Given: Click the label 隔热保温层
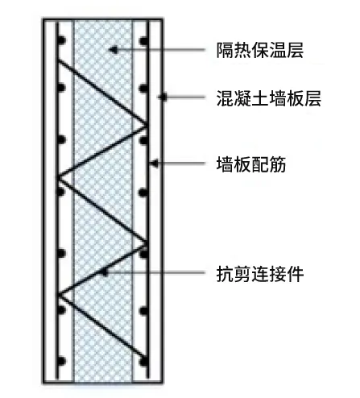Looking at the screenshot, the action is click(260, 50).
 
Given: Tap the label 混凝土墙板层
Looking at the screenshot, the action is click(269, 98).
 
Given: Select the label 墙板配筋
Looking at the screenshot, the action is click(251, 164).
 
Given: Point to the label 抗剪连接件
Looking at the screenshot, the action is click(260, 274).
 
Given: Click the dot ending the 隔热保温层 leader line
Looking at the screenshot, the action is click(114, 50).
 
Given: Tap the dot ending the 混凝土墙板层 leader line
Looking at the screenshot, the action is click(163, 97).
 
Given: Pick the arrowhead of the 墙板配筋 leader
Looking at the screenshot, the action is click(155, 164).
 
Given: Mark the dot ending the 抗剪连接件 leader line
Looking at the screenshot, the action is click(104, 273).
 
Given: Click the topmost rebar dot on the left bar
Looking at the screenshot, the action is click(62, 40).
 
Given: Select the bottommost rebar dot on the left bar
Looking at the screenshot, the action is click(62, 361).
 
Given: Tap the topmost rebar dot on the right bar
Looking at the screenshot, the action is click(144, 40).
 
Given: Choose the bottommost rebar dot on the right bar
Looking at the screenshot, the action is click(144, 361).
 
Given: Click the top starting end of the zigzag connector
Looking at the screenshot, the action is click(59, 61).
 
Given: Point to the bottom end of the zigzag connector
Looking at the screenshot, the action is click(147, 358).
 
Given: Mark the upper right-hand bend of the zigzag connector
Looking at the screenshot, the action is click(147, 125).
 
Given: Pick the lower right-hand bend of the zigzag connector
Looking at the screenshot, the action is click(147, 243).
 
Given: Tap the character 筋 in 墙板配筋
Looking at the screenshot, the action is click(278, 164).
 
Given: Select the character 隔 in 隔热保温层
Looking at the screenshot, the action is click(225, 50).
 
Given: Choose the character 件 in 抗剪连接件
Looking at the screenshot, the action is click(295, 274).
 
